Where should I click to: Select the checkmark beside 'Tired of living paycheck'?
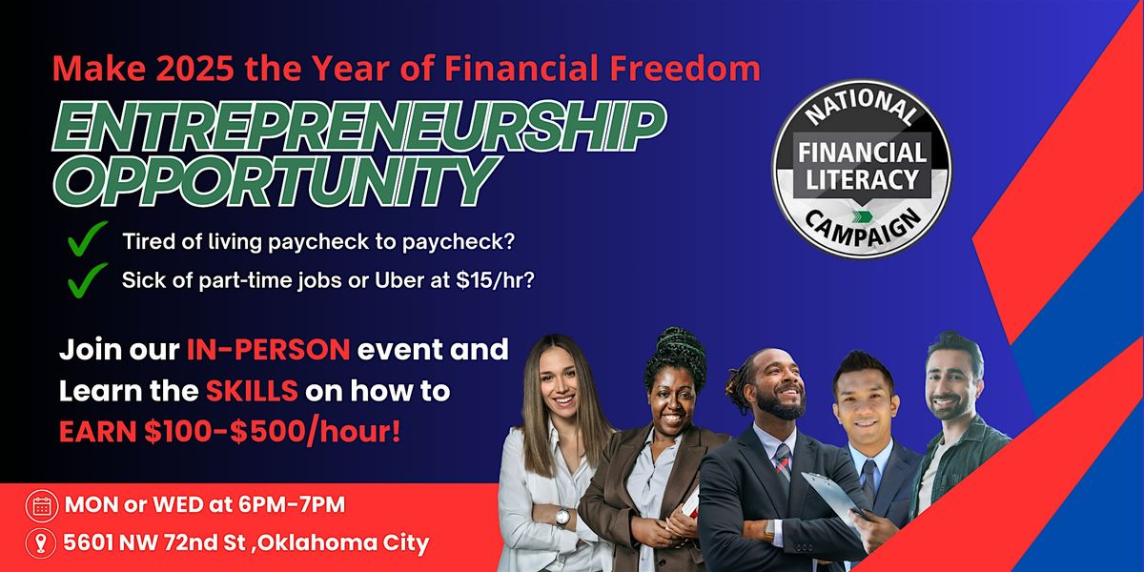click(87, 241)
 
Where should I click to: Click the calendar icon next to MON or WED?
click(41, 506)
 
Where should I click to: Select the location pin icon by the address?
click(41, 543)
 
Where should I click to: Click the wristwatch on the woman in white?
click(563, 516)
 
